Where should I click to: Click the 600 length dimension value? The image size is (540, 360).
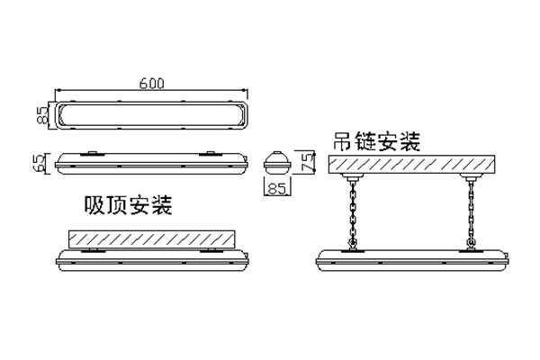point(152,83)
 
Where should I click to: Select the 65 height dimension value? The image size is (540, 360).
point(39,163)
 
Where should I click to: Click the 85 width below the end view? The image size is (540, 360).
point(278,190)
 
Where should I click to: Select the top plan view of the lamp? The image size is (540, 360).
point(152,114)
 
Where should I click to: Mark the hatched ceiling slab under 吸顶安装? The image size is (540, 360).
point(151,239)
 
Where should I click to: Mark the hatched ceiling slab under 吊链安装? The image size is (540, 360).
point(413,165)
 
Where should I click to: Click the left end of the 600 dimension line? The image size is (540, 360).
point(57,90)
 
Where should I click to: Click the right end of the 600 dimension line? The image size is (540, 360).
point(247,90)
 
